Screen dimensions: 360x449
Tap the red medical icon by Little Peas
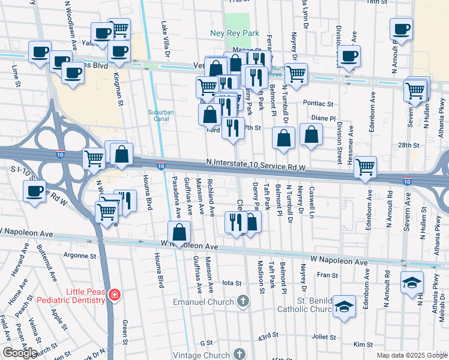tap(114, 295)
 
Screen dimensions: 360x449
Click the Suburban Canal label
tap(162, 115)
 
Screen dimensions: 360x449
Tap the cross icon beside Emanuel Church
tap(243, 301)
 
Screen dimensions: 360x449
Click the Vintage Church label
tap(208, 355)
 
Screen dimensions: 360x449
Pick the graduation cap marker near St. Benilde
tap(343, 306)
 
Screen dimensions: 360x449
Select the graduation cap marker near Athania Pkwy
tap(412, 283)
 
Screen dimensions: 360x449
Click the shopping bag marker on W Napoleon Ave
tap(179, 232)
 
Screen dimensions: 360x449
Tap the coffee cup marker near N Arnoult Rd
tap(401, 28)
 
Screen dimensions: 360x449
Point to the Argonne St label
tap(79, 255)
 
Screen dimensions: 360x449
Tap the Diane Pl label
tap(324, 118)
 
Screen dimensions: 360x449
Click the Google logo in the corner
tap(20, 353)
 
